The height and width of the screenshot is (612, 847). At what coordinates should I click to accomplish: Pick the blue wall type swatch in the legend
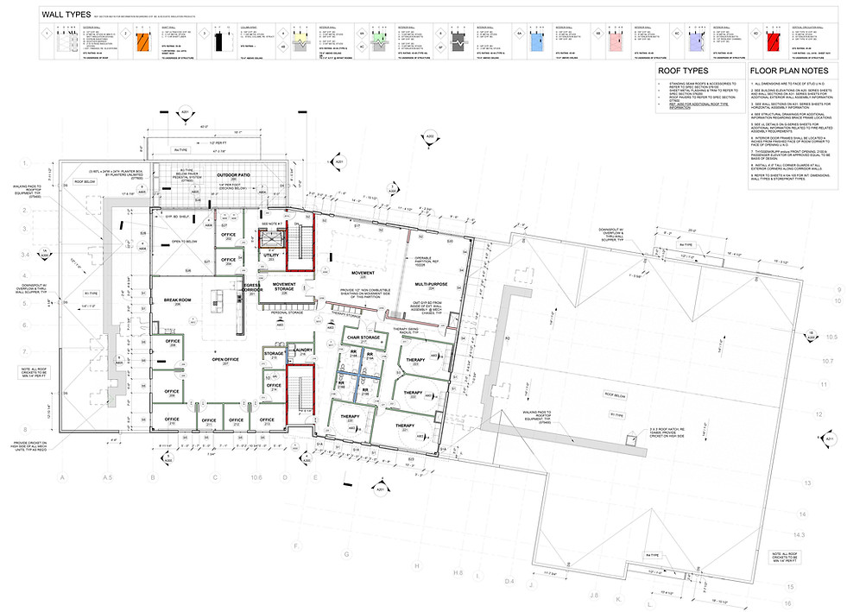[x=535, y=37]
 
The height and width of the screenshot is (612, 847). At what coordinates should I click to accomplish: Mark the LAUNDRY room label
[x=301, y=350]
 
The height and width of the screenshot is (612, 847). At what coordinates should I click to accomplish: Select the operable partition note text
[x=424, y=260]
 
